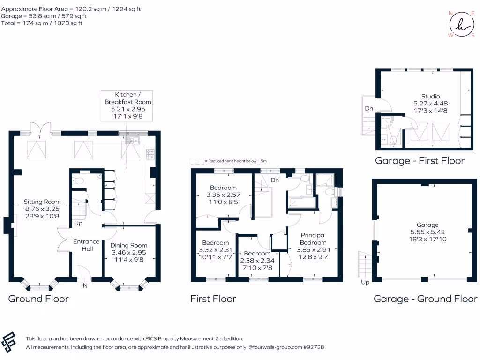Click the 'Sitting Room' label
[x=43, y=202]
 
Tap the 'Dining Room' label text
[x=128, y=245]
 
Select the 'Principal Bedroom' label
[x=313, y=239]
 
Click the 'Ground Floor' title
[x=38, y=299]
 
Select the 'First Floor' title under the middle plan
[x=213, y=299]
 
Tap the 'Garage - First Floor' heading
[x=420, y=161]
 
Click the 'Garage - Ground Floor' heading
[x=425, y=299]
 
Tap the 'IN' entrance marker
[x=84, y=285]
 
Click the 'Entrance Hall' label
[x=86, y=245]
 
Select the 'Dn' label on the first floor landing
[x=275, y=180]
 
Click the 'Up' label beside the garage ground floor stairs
[x=365, y=282]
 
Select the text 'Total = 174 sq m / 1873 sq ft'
[x=42, y=23]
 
